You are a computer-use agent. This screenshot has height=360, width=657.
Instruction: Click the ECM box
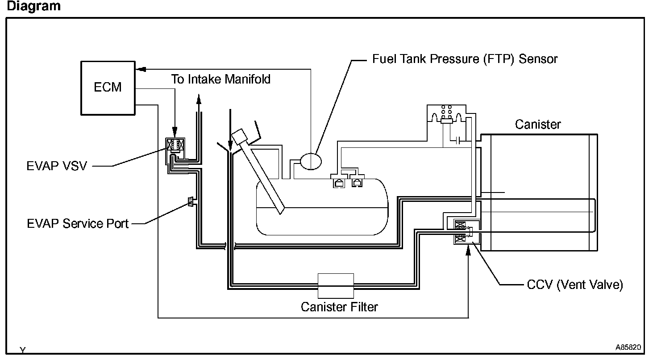click(108, 88)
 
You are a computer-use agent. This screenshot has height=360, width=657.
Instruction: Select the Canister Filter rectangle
click(336, 285)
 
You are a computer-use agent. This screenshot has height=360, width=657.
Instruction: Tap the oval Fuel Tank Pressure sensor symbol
click(311, 161)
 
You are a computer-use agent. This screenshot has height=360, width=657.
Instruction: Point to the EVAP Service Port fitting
click(191, 201)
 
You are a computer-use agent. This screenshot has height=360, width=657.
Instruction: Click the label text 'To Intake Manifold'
click(221, 79)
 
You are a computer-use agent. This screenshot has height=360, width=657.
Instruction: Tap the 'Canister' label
click(538, 125)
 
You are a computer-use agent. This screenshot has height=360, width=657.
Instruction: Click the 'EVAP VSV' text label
click(57, 166)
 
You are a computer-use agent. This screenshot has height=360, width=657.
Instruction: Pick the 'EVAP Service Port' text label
click(78, 224)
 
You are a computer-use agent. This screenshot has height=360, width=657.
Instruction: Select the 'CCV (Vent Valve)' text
click(575, 285)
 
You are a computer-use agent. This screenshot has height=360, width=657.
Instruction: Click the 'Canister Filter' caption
click(339, 307)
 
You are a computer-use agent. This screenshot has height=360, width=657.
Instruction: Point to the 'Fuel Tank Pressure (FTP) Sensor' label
click(465, 59)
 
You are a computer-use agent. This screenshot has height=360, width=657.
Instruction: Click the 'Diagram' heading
click(34, 6)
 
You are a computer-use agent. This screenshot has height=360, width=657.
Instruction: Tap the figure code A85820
click(628, 347)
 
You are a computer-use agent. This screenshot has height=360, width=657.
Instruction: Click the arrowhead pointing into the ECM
click(141, 69)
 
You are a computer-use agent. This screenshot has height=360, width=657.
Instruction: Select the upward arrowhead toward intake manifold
click(199, 99)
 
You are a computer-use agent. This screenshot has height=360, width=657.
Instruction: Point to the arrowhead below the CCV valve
click(468, 250)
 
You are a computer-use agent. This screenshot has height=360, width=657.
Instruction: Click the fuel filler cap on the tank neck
click(240, 136)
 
